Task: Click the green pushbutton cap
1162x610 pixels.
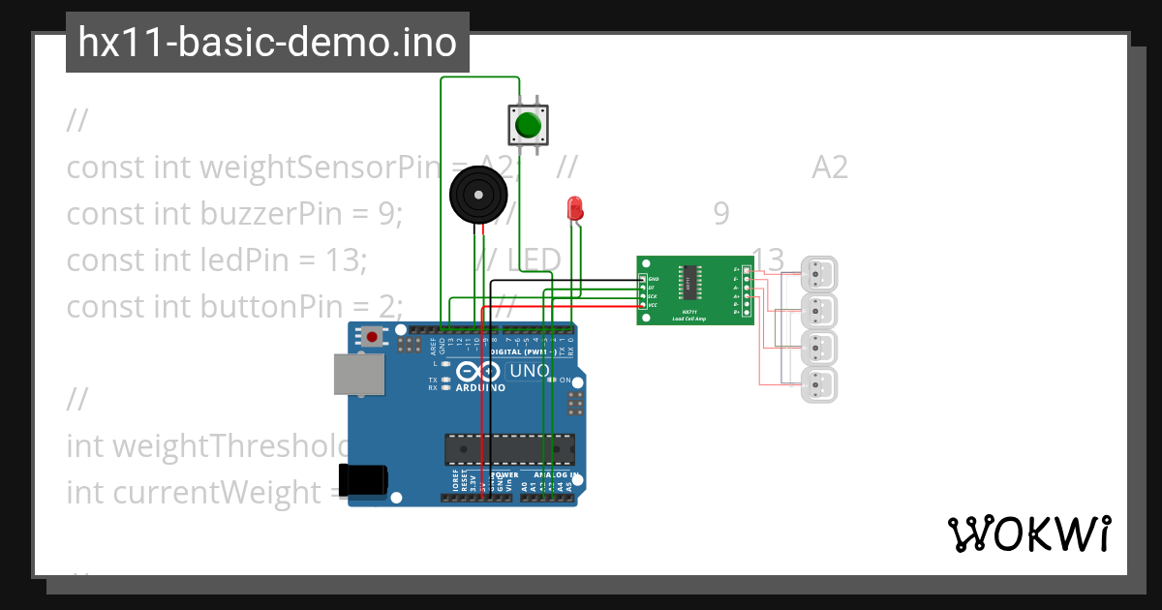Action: click(528, 125)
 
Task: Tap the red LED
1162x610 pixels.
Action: click(574, 207)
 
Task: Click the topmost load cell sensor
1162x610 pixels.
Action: click(819, 274)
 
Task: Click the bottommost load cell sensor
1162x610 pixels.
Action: click(819, 384)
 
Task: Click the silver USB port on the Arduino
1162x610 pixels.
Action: click(358, 374)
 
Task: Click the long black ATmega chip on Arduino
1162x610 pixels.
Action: click(508, 449)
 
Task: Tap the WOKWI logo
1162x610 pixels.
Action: click(1028, 534)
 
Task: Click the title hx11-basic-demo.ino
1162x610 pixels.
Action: click(267, 43)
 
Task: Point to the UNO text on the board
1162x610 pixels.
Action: click(530, 371)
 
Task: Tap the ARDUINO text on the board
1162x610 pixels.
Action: click(480, 387)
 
